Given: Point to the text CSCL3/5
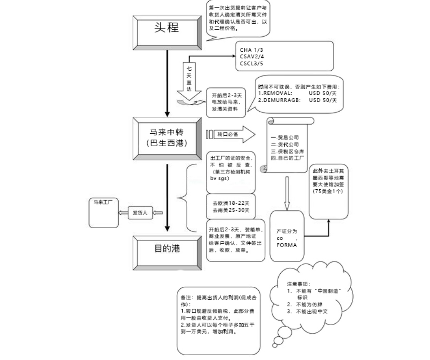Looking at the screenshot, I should tap(251, 63).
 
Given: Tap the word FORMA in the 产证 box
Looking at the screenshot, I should tap(285, 244).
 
